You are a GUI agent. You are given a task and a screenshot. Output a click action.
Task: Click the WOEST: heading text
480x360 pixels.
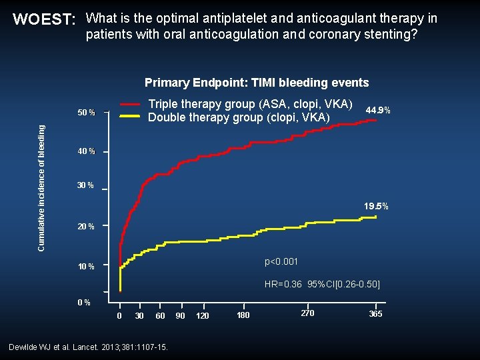(x=45, y=19)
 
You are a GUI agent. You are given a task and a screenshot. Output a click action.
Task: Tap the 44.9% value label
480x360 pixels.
(x=378, y=110)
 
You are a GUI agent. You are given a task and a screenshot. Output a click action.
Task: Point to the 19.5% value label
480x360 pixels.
(x=376, y=207)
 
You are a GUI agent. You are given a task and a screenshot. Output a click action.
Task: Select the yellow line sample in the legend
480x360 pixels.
(x=131, y=117)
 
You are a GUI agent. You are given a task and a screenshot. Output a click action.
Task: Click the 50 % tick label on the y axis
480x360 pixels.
(x=86, y=113)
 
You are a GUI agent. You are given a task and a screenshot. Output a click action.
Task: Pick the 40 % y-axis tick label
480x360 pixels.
(x=86, y=152)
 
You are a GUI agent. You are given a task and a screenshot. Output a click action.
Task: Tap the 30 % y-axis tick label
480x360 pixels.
(x=85, y=185)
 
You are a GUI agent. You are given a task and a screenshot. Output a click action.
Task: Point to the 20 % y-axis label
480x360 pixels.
(x=86, y=227)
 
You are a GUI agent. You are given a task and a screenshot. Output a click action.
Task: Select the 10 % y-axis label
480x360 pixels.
(x=86, y=267)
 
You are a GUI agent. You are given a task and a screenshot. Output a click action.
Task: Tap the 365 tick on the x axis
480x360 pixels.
(x=375, y=314)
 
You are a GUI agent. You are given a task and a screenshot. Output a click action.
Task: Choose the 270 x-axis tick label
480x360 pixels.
(x=307, y=313)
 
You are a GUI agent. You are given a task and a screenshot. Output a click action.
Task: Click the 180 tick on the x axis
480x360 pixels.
(x=243, y=315)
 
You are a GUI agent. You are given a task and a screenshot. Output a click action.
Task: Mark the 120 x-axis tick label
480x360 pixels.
(x=202, y=315)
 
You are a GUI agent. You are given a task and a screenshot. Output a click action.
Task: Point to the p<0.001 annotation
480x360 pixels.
(x=281, y=261)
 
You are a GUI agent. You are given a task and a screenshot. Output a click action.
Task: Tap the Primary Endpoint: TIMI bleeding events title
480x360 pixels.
(x=257, y=83)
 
